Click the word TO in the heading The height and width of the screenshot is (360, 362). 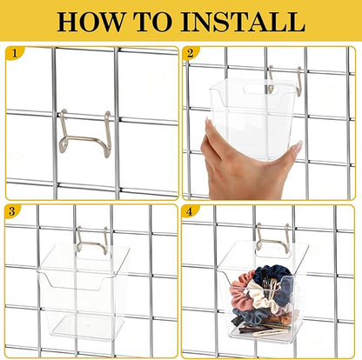coord(156,21)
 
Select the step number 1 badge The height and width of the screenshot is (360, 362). coord(12,53)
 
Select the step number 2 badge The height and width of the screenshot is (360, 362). coord(191,53)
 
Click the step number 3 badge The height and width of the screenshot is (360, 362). coord(12,211)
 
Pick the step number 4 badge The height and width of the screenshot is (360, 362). coord(191,211)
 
